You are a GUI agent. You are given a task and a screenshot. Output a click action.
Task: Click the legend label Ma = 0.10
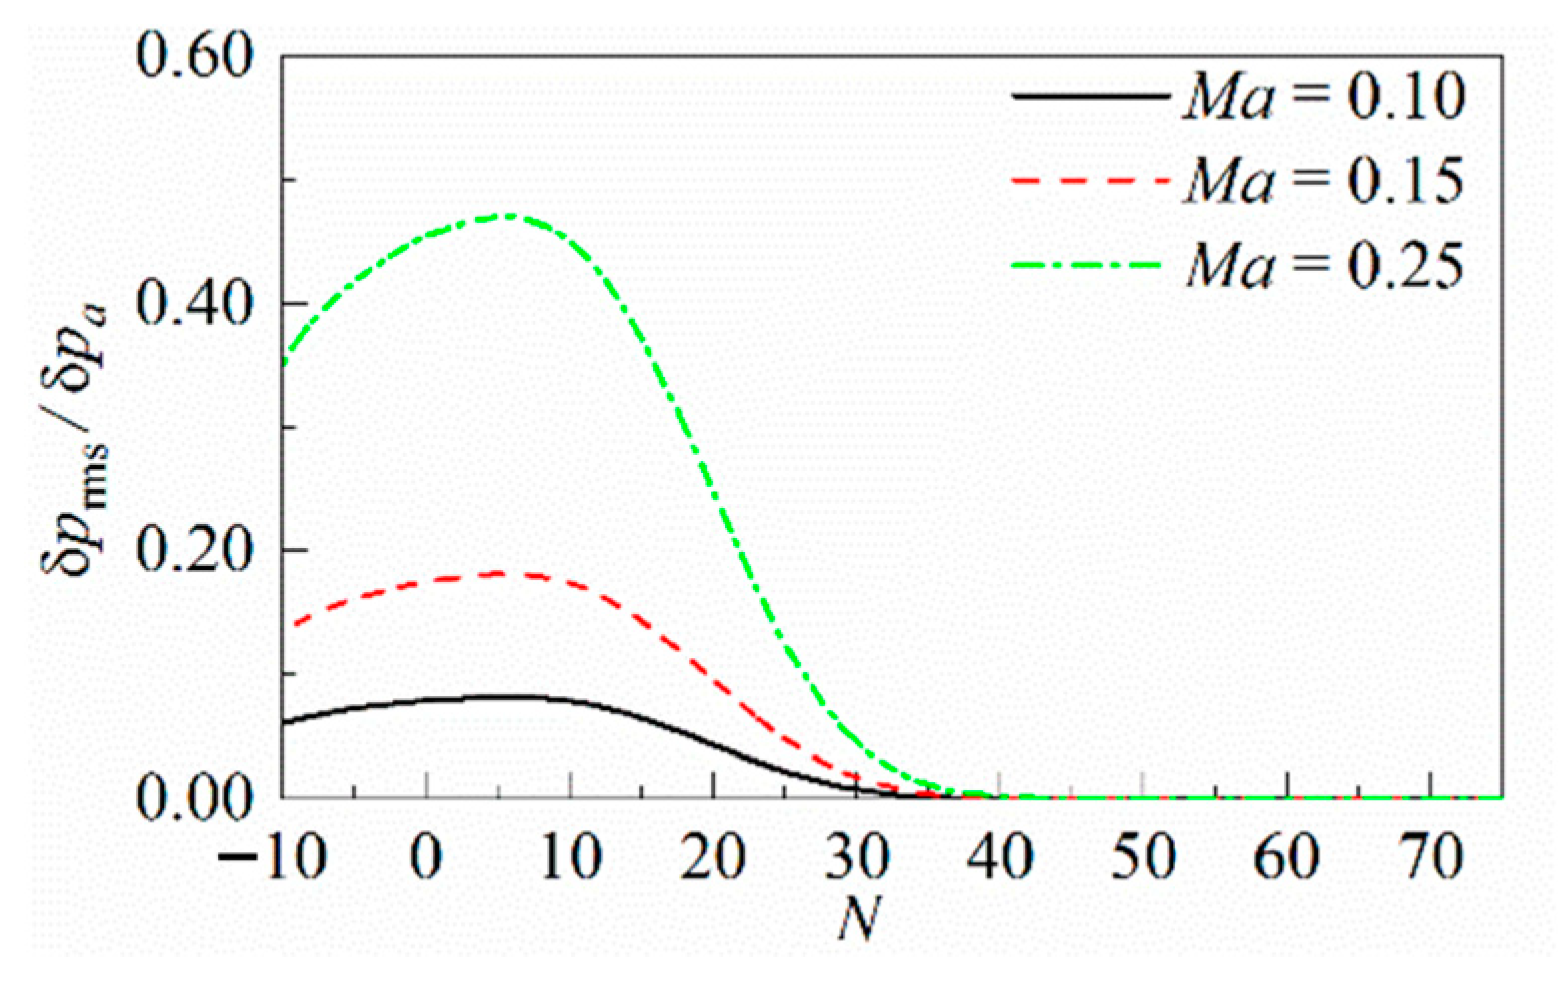click(x=1324, y=97)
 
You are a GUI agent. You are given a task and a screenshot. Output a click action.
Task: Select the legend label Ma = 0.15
click(x=1324, y=181)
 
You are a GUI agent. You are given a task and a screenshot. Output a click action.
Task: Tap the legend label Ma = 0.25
click(x=1324, y=266)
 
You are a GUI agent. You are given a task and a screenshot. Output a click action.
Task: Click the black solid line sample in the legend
click(x=1090, y=97)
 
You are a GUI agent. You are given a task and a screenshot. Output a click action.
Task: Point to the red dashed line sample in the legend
click(x=1090, y=181)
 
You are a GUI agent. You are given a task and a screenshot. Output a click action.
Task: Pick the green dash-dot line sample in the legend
click(x=1090, y=266)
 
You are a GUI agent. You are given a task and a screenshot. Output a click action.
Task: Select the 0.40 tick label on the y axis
click(x=194, y=304)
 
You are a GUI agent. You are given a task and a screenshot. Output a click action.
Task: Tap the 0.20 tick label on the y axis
click(x=194, y=551)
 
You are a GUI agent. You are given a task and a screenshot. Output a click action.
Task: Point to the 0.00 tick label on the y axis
click(x=194, y=798)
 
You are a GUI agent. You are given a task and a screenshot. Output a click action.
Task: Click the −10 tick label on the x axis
click(x=271, y=857)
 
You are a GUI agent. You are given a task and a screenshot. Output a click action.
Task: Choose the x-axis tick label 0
click(x=426, y=857)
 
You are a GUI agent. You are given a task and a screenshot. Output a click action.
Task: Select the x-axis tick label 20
click(x=712, y=857)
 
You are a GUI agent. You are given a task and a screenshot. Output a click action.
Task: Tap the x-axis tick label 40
click(x=1000, y=857)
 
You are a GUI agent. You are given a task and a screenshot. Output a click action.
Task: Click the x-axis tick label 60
click(x=1287, y=857)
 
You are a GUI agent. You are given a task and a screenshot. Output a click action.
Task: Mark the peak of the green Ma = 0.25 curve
click(x=509, y=215)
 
